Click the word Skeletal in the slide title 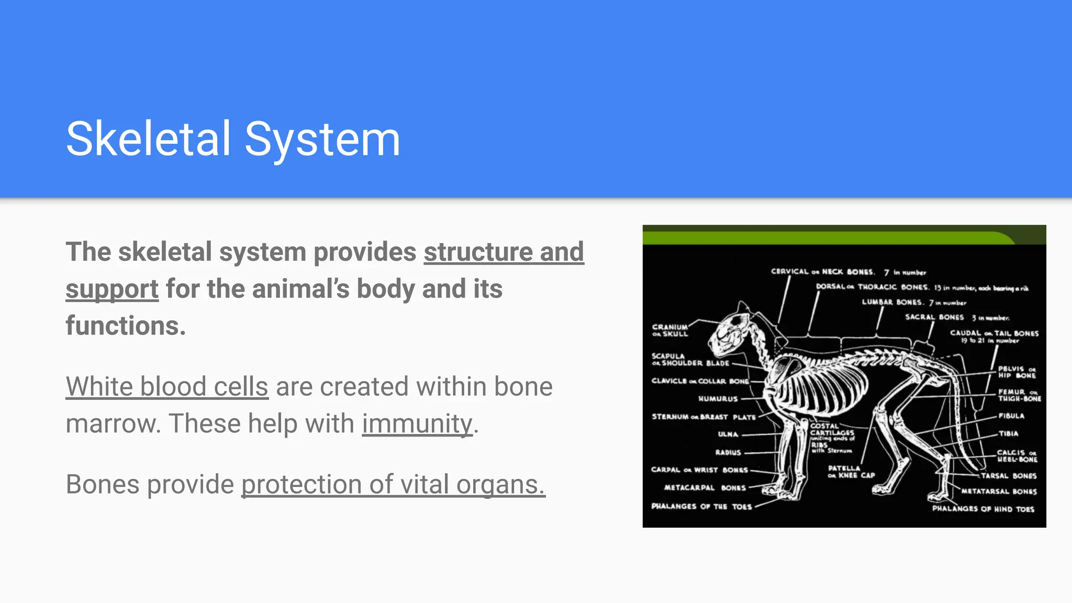(x=148, y=139)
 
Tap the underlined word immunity (x=417, y=424)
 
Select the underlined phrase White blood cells (x=167, y=387)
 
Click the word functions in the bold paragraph (x=126, y=326)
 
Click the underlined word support (x=112, y=289)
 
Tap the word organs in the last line (x=500, y=485)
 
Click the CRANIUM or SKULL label (x=669, y=330)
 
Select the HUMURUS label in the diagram (x=718, y=399)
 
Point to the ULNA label (x=728, y=434)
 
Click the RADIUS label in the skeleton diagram (x=728, y=452)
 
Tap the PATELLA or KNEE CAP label (x=851, y=472)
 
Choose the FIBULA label (x=1011, y=416)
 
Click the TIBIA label (x=1008, y=433)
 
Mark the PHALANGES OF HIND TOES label (x=982, y=509)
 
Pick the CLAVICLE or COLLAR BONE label (x=700, y=381)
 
